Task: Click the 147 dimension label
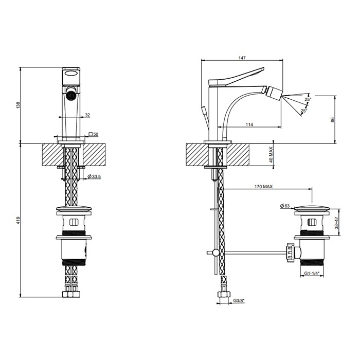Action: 242,58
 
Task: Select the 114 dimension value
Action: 249,124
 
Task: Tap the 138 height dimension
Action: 19,105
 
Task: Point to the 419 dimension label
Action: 19,221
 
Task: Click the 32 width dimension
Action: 87,115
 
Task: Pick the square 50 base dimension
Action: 94,134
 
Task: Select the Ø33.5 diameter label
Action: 94,176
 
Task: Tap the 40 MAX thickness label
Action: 271,154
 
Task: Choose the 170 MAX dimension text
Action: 263,187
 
